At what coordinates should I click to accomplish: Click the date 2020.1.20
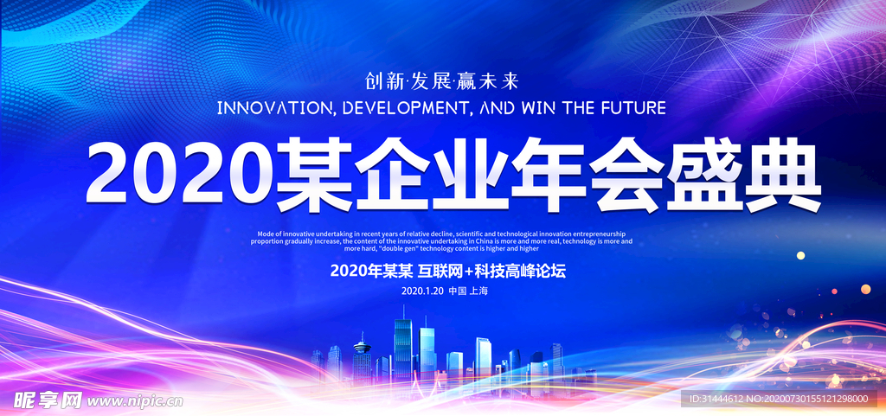(422, 291)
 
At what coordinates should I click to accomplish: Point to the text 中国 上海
(467, 291)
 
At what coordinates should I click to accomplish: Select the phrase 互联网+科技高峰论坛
(491, 272)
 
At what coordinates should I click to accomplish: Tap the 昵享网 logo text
(48, 400)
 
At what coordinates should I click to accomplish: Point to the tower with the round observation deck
(362, 355)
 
